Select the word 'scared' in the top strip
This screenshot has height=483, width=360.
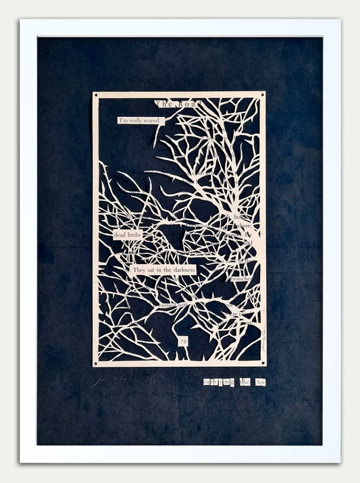pos(151,121)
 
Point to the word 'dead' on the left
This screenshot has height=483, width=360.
pos(120,234)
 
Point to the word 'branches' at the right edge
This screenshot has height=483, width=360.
pos(241,278)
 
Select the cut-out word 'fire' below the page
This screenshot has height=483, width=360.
pos(261,382)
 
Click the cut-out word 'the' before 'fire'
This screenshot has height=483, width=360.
pos(245,382)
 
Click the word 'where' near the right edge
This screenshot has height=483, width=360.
pos(244,226)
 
